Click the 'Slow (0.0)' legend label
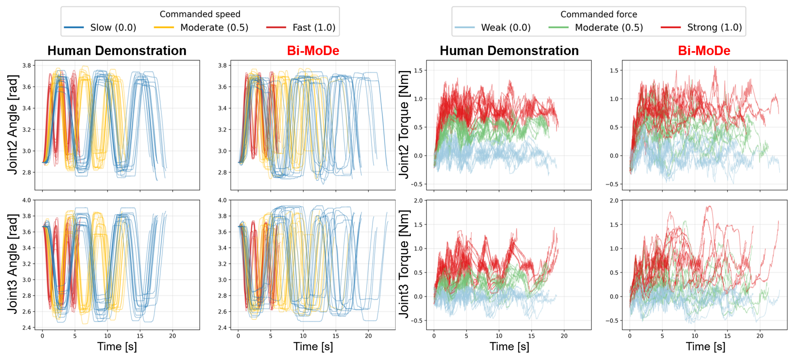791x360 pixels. (113, 28)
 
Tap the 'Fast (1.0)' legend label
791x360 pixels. (314, 28)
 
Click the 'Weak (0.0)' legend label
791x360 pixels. (506, 28)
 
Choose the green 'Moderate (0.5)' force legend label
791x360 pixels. (609, 28)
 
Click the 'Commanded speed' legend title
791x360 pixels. (200, 14)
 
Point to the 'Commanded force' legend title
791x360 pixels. (599, 14)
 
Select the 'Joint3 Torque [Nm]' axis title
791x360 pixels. (404, 264)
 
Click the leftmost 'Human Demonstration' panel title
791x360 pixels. (117, 51)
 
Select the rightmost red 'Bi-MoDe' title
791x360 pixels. (704, 51)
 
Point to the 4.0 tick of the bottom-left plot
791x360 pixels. (27, 200)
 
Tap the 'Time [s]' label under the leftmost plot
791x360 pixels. (117, 347)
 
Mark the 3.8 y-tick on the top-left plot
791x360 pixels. (27, 65)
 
